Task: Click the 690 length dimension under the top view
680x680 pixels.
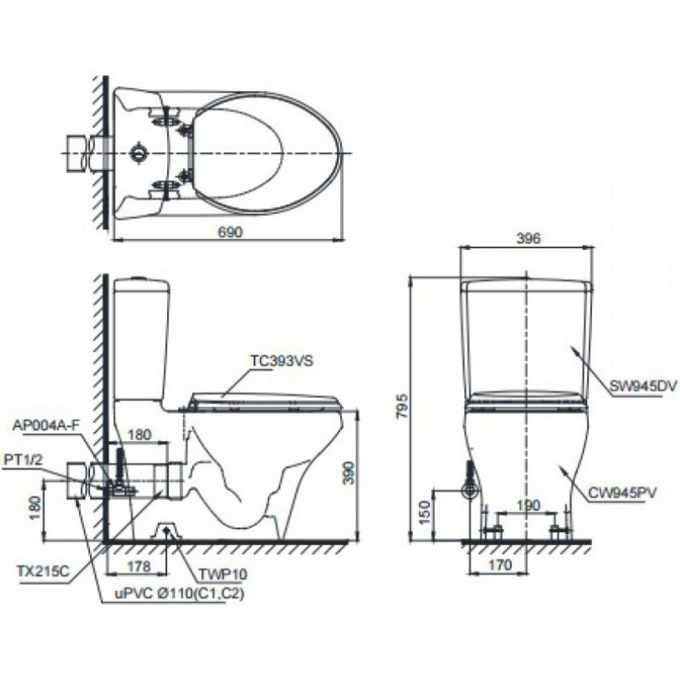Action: pyautogui.click(x=230, y=232)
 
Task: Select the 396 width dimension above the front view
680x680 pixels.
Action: pyautogui.click(x=527, y=238)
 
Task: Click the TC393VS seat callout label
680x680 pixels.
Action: pyautogui.click(x=281, y=361)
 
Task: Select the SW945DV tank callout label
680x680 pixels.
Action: pyautogui.click(x=641, y=387)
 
